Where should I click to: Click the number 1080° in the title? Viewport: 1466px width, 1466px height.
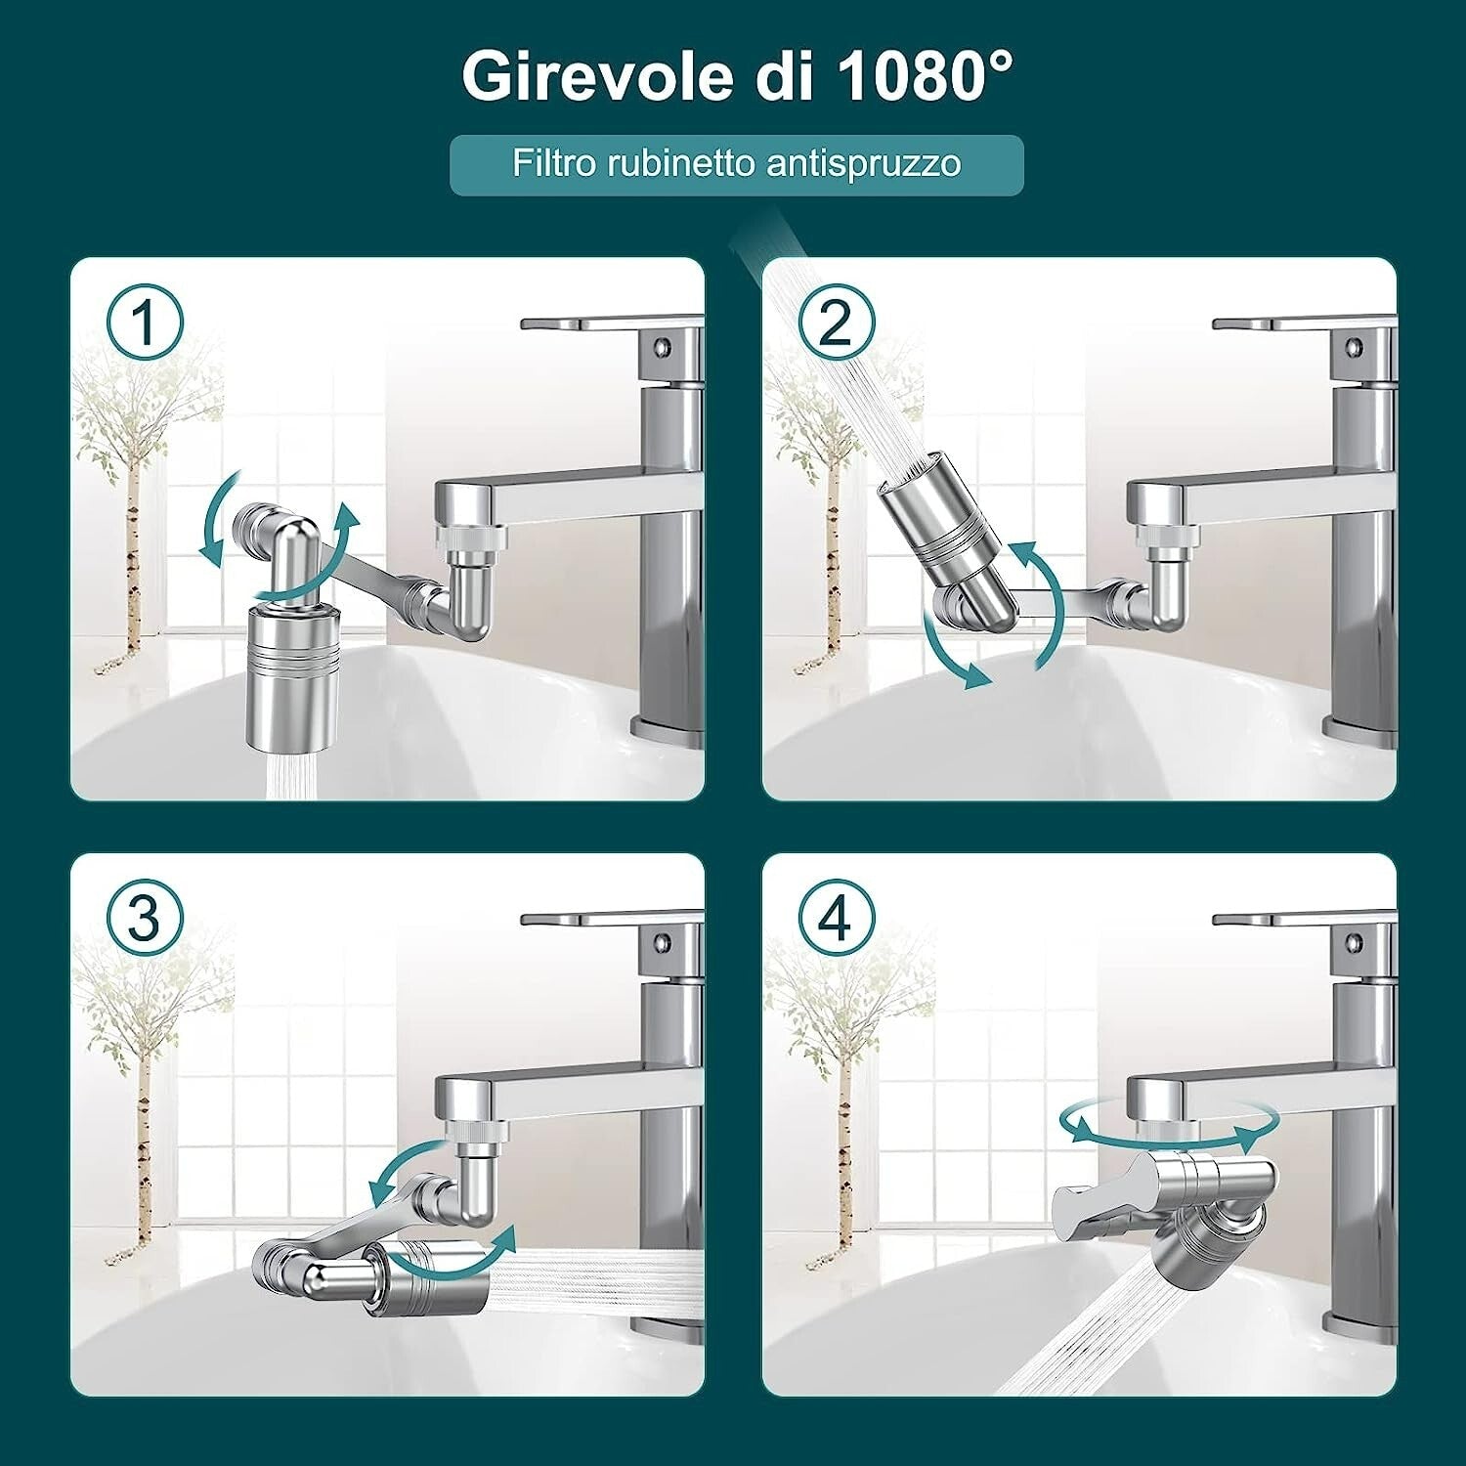(925, 75)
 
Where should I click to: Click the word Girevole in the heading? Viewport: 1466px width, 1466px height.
(596, 75)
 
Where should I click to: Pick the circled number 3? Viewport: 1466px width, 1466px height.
(145, 919)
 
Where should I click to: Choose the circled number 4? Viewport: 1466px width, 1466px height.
(837, 919)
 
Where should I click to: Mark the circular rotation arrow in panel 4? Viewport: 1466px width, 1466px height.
(1163, 1124)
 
